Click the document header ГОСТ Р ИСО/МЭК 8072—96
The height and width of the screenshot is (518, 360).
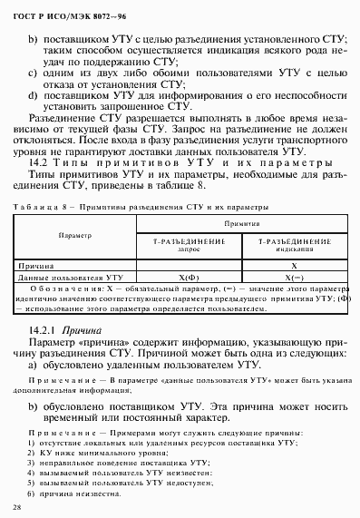point(56,11)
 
